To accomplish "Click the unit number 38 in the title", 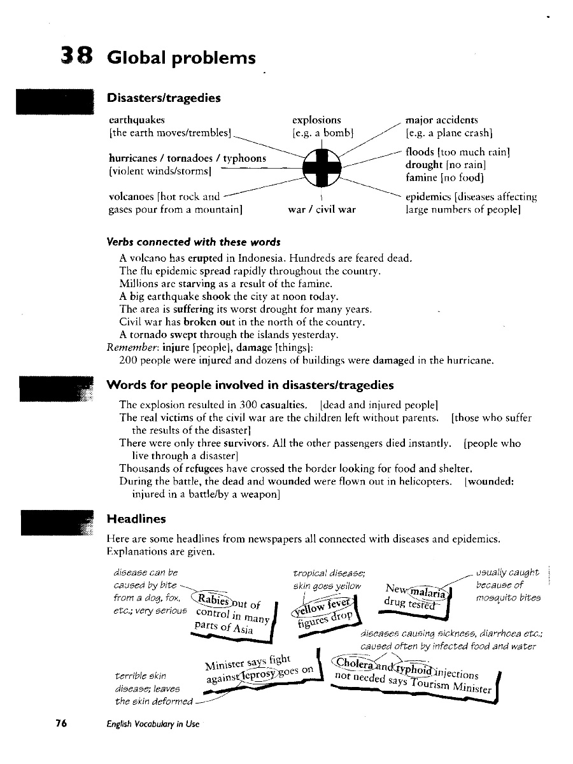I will pyautogui.click(x=77, y=57).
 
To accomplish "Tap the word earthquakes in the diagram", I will pyautogui.click(x=137, y=120).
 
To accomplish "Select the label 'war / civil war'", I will pyautogui.click(x=322, y=209).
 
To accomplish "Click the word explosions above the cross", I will pyautogui.click(x=316, y=120).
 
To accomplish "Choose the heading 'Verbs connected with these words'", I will pyautogui.click(x=193, y=242).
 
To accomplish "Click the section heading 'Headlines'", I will pyautogui.click(x=136, y=519).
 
